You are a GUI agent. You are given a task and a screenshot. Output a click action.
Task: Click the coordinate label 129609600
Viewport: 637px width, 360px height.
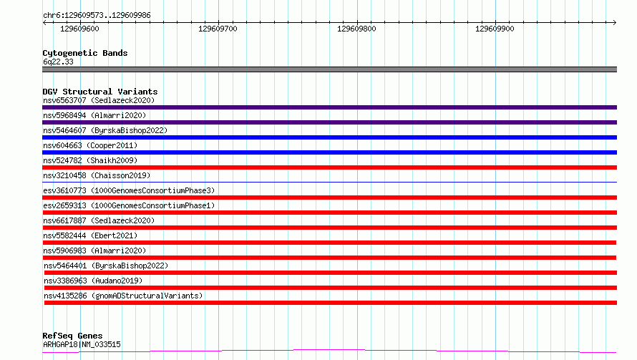click(79, 29)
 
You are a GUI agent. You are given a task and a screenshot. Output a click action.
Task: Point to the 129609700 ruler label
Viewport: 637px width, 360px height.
click(218, 29)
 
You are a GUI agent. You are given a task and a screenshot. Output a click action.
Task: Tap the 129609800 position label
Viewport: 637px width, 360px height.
click(356, 29)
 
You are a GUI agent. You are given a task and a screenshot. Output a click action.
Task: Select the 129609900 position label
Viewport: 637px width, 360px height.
click(495, 29)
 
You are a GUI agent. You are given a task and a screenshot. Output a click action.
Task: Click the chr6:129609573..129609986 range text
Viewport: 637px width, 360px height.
click(97, 15)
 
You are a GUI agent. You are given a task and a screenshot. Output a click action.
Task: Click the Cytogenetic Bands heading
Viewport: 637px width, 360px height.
click(85, 53)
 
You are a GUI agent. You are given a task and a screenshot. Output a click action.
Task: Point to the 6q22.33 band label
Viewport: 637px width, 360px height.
click(58, 62)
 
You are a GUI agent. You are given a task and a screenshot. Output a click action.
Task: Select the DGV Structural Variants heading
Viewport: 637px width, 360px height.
click(100, 92)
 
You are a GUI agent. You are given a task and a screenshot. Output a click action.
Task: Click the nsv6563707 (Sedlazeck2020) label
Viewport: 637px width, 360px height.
click(99, 100)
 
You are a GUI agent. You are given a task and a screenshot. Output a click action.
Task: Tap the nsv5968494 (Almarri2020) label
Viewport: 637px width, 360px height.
click(94, 115)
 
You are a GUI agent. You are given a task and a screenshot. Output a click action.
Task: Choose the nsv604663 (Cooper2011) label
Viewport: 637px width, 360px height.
click(90, 145)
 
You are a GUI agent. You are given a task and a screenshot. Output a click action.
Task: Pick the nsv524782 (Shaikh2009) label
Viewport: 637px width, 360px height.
click(90, 160)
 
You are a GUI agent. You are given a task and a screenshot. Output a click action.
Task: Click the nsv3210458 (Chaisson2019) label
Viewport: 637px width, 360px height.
click(97, 175)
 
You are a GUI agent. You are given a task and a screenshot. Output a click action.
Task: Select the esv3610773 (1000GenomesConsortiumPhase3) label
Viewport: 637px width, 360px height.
click(129, 190)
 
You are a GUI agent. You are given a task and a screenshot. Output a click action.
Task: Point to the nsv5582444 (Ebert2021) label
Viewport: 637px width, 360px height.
click(90, 235)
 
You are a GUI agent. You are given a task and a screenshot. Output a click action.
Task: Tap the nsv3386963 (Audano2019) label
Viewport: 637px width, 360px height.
click(93, 281)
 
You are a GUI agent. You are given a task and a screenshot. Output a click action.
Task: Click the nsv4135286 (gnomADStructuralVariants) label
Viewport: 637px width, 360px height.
click(123, 296)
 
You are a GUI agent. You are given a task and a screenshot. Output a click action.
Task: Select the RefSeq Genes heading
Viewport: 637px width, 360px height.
click(73, 336)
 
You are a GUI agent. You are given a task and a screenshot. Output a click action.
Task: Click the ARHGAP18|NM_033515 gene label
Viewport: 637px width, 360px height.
click(82, 344)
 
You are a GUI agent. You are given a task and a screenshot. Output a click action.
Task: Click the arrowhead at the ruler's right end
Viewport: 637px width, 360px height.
click(615, 22)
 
